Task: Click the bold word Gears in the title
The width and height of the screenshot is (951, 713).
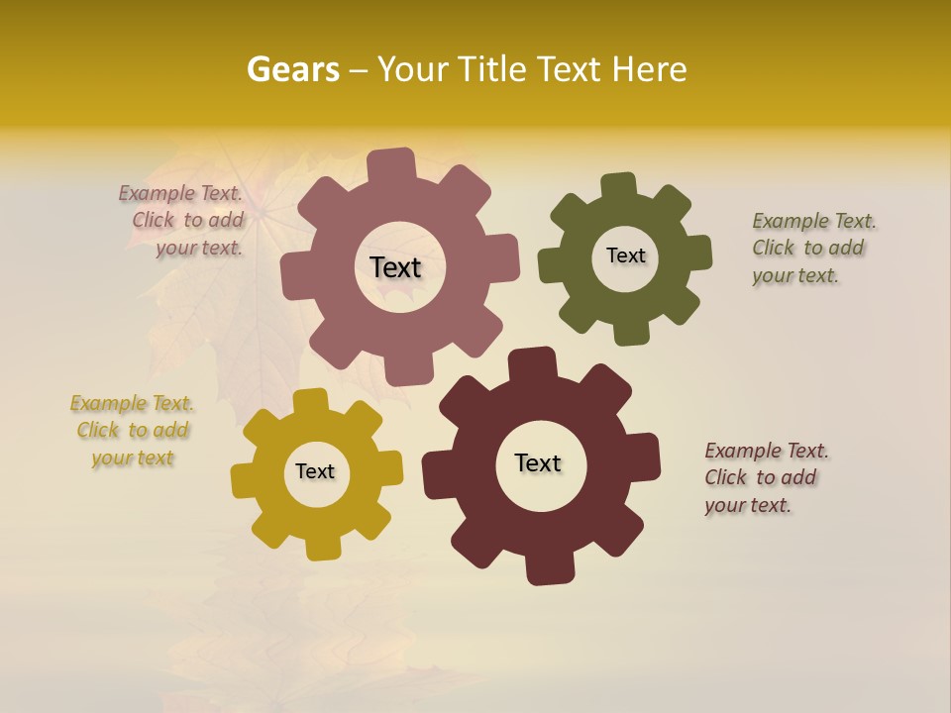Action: [292, 69]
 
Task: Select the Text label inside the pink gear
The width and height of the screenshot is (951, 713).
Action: [395, 267]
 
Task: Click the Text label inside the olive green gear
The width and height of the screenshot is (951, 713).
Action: [625, 255]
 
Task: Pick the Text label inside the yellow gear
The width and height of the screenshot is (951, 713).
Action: [315, 471]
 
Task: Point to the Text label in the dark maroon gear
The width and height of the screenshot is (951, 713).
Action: [538, 462]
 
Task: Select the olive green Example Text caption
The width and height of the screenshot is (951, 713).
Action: [811, 248]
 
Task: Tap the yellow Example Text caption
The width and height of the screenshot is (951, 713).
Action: [132, 430]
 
